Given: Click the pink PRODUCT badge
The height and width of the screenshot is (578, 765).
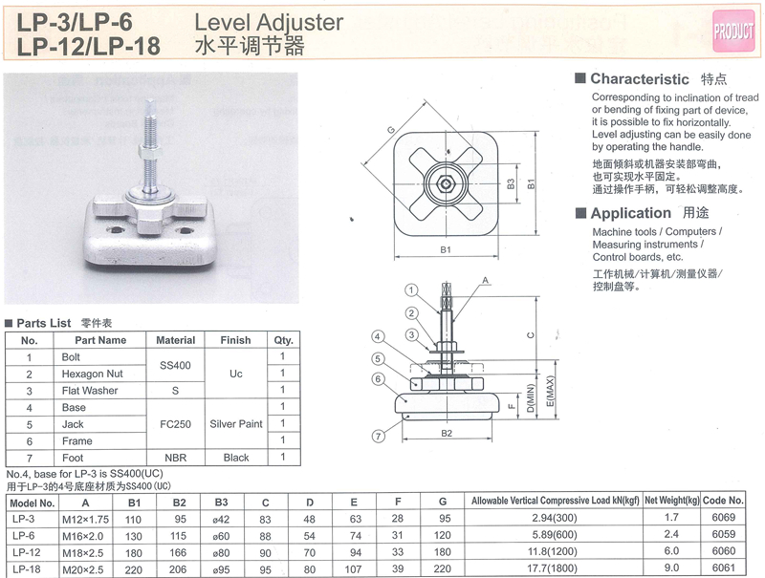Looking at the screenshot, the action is (733, 31).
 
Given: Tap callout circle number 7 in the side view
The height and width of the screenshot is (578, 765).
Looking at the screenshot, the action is (379, 437).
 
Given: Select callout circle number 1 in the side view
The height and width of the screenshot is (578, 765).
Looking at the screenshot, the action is (411, 291).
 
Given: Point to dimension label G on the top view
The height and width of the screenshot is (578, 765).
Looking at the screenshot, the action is (391, 130).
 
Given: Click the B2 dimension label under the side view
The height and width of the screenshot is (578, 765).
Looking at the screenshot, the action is (447, 433).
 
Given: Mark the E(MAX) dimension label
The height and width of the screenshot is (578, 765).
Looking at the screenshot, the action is (551, 391).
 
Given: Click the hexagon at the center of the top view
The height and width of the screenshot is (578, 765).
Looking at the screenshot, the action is (446, 183).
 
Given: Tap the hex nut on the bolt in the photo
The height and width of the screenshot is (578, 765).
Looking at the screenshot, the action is (150, 154).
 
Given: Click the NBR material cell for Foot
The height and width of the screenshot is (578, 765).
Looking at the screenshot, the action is (176, 458).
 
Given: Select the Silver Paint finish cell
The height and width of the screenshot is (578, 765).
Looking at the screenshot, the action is (236, 424).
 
